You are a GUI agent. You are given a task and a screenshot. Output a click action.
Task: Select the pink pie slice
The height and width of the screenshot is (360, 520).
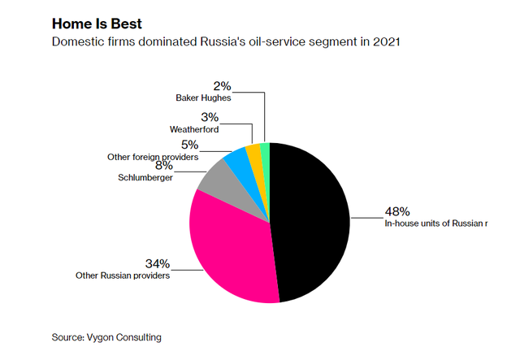[232, 248]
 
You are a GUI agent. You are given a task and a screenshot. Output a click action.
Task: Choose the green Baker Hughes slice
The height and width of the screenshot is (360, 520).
[264, 150]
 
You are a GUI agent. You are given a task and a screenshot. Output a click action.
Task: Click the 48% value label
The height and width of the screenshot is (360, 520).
[396, 212]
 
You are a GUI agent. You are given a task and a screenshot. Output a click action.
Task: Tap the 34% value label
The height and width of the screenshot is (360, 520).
[158, 264]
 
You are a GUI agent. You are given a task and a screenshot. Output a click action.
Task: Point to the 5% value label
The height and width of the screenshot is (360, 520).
[191, 145]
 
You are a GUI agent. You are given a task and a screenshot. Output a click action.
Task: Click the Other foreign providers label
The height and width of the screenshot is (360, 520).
[154, 156]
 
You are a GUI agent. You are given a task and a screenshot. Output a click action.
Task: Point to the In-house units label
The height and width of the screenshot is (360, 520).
[435, 223]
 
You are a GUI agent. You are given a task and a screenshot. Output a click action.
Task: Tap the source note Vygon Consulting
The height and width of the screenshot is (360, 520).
[107, 336]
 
